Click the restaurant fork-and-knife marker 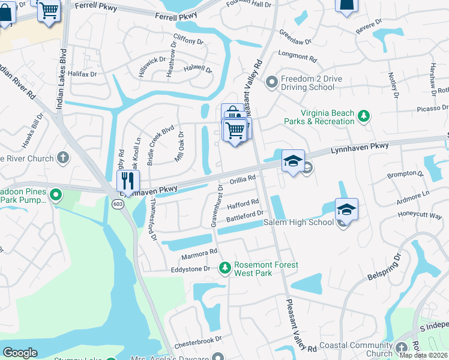point(128,180)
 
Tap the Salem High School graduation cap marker point(346,209)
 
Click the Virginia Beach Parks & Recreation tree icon point(363,116)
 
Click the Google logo point(20,352)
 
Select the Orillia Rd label point(243,179)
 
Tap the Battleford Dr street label point(244,214)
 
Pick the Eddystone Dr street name point(190,269)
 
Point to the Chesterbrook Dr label point(198,343)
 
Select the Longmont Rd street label point(298,57)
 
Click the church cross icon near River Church point(62,158)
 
